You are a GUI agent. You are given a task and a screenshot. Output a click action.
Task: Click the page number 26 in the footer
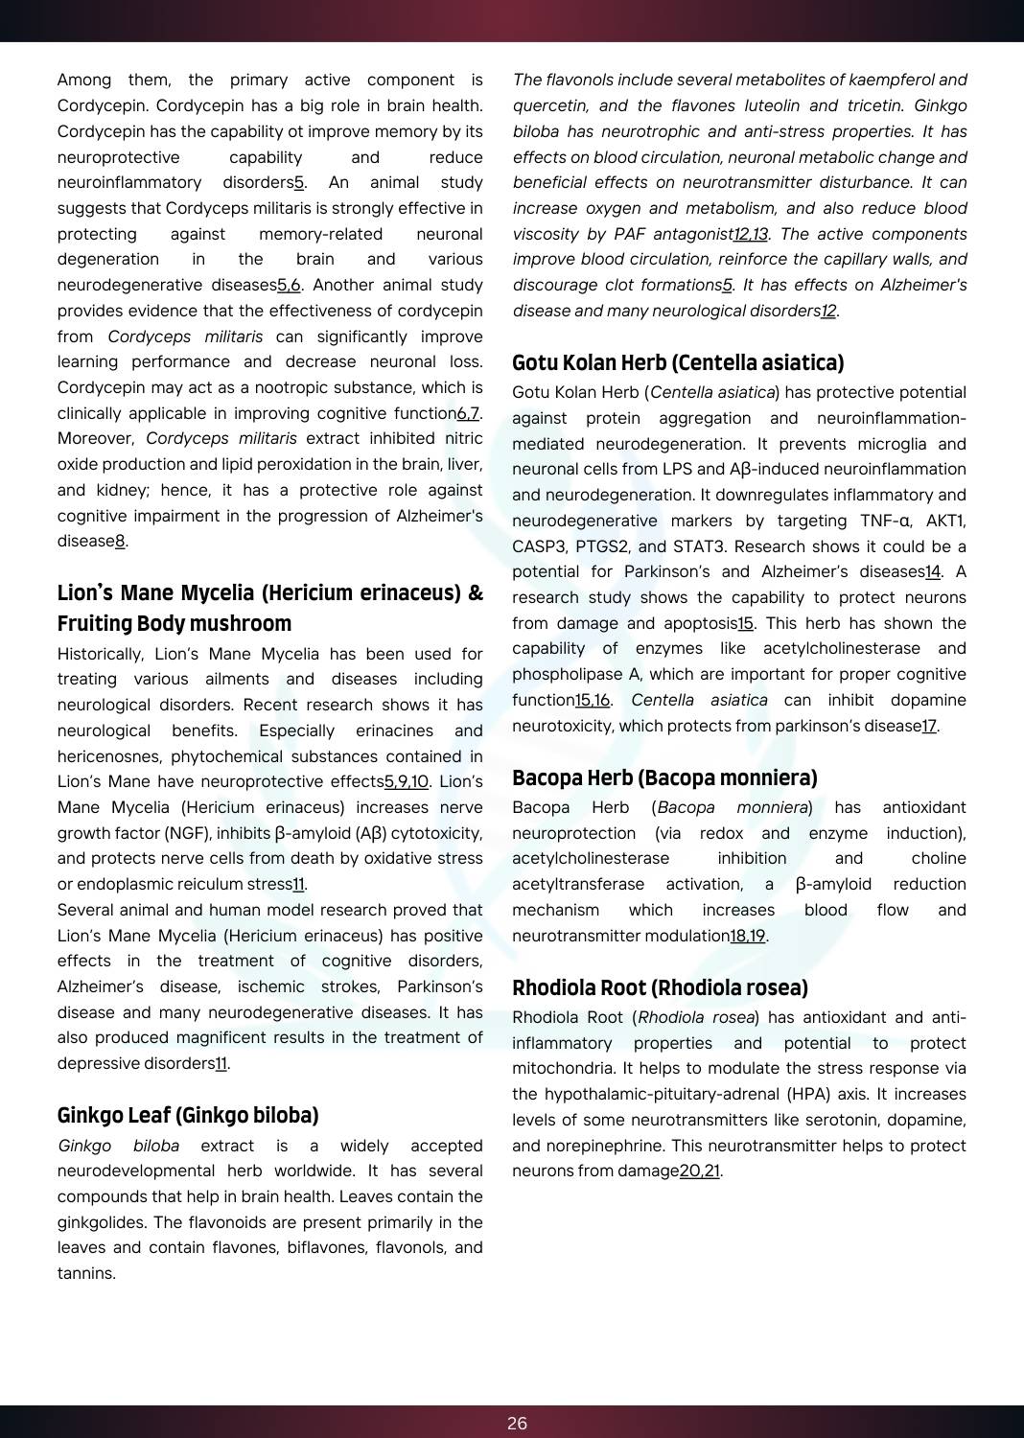coord(517,1423)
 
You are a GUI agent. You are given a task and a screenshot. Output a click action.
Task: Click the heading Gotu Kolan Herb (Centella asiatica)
coord(678,362)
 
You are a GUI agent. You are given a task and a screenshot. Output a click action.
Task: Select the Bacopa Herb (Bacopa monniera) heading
coord(664,777)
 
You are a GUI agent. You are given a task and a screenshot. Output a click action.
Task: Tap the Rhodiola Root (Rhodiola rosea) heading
coord(660,987)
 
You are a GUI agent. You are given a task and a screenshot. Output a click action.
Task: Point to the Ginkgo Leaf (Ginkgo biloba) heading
coord(188,1115)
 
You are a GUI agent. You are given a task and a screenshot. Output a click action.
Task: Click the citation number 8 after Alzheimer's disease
coord(121,541)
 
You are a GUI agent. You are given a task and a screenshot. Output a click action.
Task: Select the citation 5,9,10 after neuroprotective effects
coord(407,781)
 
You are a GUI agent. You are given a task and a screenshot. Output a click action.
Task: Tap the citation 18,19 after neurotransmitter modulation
coord(748,935)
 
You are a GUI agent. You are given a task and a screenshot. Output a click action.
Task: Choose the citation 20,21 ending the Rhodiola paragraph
coord(699,1171)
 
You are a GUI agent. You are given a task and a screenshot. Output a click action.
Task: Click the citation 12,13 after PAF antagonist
coord(751,234)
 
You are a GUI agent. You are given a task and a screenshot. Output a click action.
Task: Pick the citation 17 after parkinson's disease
coord(929,726)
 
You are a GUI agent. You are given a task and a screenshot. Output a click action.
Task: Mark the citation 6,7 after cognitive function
coord(468,413)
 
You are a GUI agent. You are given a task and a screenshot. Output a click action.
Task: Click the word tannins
coord(85,1273)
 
